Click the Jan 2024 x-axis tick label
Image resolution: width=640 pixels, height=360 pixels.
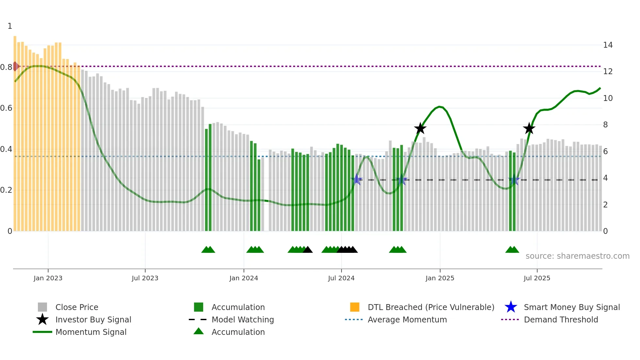244,278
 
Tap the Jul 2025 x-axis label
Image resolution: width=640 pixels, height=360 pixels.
537,278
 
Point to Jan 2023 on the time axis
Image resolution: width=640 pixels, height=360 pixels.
48,278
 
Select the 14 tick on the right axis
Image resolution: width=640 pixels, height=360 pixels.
608,45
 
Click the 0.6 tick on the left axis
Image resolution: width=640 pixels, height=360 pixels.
6,108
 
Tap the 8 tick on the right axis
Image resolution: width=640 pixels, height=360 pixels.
605,125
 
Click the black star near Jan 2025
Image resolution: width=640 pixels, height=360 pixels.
420,128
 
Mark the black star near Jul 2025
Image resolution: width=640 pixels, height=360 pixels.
529,128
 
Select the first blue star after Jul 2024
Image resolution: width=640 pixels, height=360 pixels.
357,179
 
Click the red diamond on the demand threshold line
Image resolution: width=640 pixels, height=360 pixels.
15,66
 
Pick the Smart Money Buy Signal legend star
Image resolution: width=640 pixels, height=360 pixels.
511,307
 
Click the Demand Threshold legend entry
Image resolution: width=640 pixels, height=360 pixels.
561,319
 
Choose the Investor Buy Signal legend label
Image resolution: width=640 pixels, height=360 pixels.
93,319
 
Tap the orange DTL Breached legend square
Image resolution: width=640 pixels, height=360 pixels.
355,307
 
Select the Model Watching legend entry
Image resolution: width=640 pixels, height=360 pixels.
242,319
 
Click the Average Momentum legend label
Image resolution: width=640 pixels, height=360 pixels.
407,319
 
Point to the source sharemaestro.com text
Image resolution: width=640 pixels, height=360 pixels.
577,256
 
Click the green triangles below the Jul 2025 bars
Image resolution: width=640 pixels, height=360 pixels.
512,250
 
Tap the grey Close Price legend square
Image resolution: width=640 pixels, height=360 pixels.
42,307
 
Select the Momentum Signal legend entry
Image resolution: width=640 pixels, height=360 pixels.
91,332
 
